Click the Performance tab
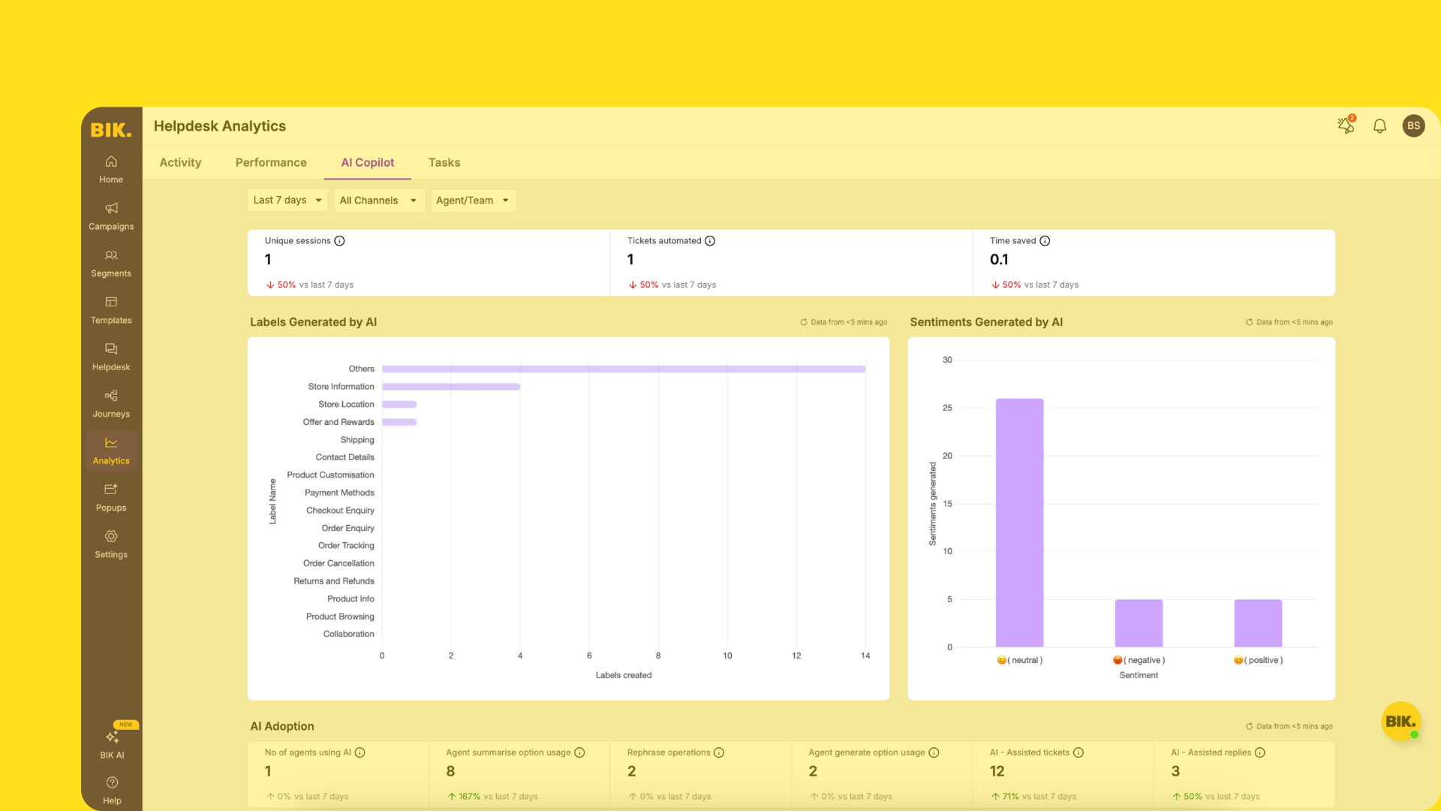pyautogui.click(x=271, y=162)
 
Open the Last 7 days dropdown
pyautogui.click(x=287, y=200)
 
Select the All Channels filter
pyautogui.click(x=378, y=200)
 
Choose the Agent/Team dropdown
pyautogui.click(x=472, y=200)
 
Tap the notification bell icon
pyautogui.click(x=1379, y=126)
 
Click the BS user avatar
pyautogui.click(x=1413, y=126)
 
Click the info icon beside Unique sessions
pyautogui.click(x=339, y=241)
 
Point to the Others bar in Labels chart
pyautogui.click(x=623, y=369)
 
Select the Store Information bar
pyautogui.click(x=450, y=387)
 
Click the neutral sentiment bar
pyautogui.click(x=1019, y=522)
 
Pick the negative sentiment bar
pyautogui.click(x=1139, y=623)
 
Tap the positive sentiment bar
pyautogui.click(x=1258, y=623)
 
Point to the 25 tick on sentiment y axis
pyautogui.click(x=947, y=408)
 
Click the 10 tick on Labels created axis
pyautogui.click(x=727, y=656)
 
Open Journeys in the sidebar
pyautogui.click(x=111, y=403)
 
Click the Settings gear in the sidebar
pyautogui.click(x=111, y=537)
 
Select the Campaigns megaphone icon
pyautogui.click(x=111, y=208)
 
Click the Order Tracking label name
pyautogui.click(x=346, y=546)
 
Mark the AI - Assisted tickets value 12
pyautogui.click(x=997, y=771)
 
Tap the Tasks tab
pyautogui.click(x=444, y=162)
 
